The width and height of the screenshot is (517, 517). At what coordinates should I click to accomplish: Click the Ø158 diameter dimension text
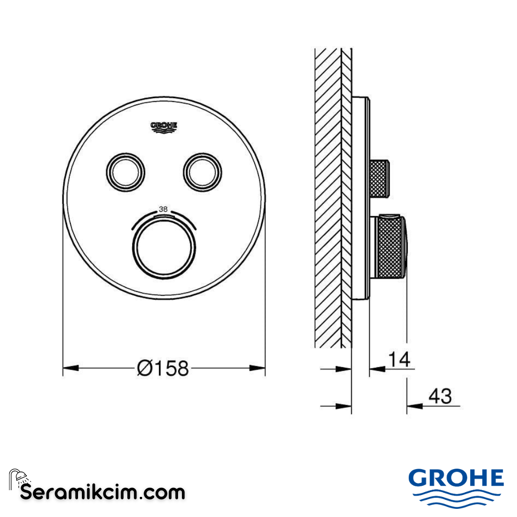[163, 368]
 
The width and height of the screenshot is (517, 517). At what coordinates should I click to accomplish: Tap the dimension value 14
[399, 359]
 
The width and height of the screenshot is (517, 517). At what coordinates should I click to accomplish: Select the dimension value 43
[440, 397]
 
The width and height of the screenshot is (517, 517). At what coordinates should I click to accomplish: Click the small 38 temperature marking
[163, 209]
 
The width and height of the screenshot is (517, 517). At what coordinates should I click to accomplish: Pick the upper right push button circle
[202, 172]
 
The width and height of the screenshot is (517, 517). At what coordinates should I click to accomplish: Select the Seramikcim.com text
[103, 492]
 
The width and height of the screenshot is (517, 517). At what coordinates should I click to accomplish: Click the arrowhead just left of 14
[377, 369]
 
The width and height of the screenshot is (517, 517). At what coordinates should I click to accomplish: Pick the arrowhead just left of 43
[415, 406]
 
